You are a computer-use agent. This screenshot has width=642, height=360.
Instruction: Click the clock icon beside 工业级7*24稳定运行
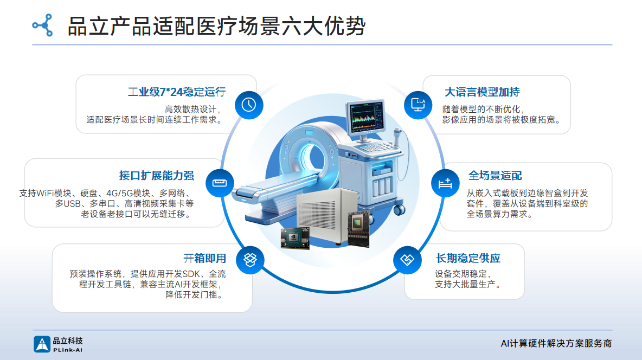[x=249, y=105]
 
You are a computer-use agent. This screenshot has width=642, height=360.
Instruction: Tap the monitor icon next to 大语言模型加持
[x=418, y=105]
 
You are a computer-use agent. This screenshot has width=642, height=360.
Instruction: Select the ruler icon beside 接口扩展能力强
[x=220, y=183]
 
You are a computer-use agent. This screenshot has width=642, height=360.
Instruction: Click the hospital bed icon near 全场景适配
[x=445, y=183]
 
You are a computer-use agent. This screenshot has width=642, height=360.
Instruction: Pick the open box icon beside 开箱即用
[x=250, y=260]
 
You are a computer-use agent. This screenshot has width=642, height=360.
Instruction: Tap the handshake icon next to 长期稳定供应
[x=407, y=260]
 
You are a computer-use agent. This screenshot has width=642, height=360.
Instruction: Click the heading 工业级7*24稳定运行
[x=176, y=92]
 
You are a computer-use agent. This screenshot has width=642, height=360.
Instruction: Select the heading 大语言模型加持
[x=482, y=92]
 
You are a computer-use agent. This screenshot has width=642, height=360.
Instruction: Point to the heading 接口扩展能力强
[x=156, y=176]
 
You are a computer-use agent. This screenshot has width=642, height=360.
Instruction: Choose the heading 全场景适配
[x=495, y=176]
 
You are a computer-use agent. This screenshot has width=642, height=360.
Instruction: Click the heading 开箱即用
[x=205, y=259]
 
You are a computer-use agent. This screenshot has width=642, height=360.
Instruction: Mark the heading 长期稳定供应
[x=468, y=259]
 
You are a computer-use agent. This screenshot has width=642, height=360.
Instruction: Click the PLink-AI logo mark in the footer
[x=42, y=344]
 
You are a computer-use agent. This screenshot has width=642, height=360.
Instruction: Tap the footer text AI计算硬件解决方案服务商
[x=556, y=343]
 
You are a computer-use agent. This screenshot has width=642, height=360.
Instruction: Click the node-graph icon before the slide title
[x=43, y=25]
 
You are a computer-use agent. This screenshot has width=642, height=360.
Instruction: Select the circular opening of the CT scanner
[x=312, y=157]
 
